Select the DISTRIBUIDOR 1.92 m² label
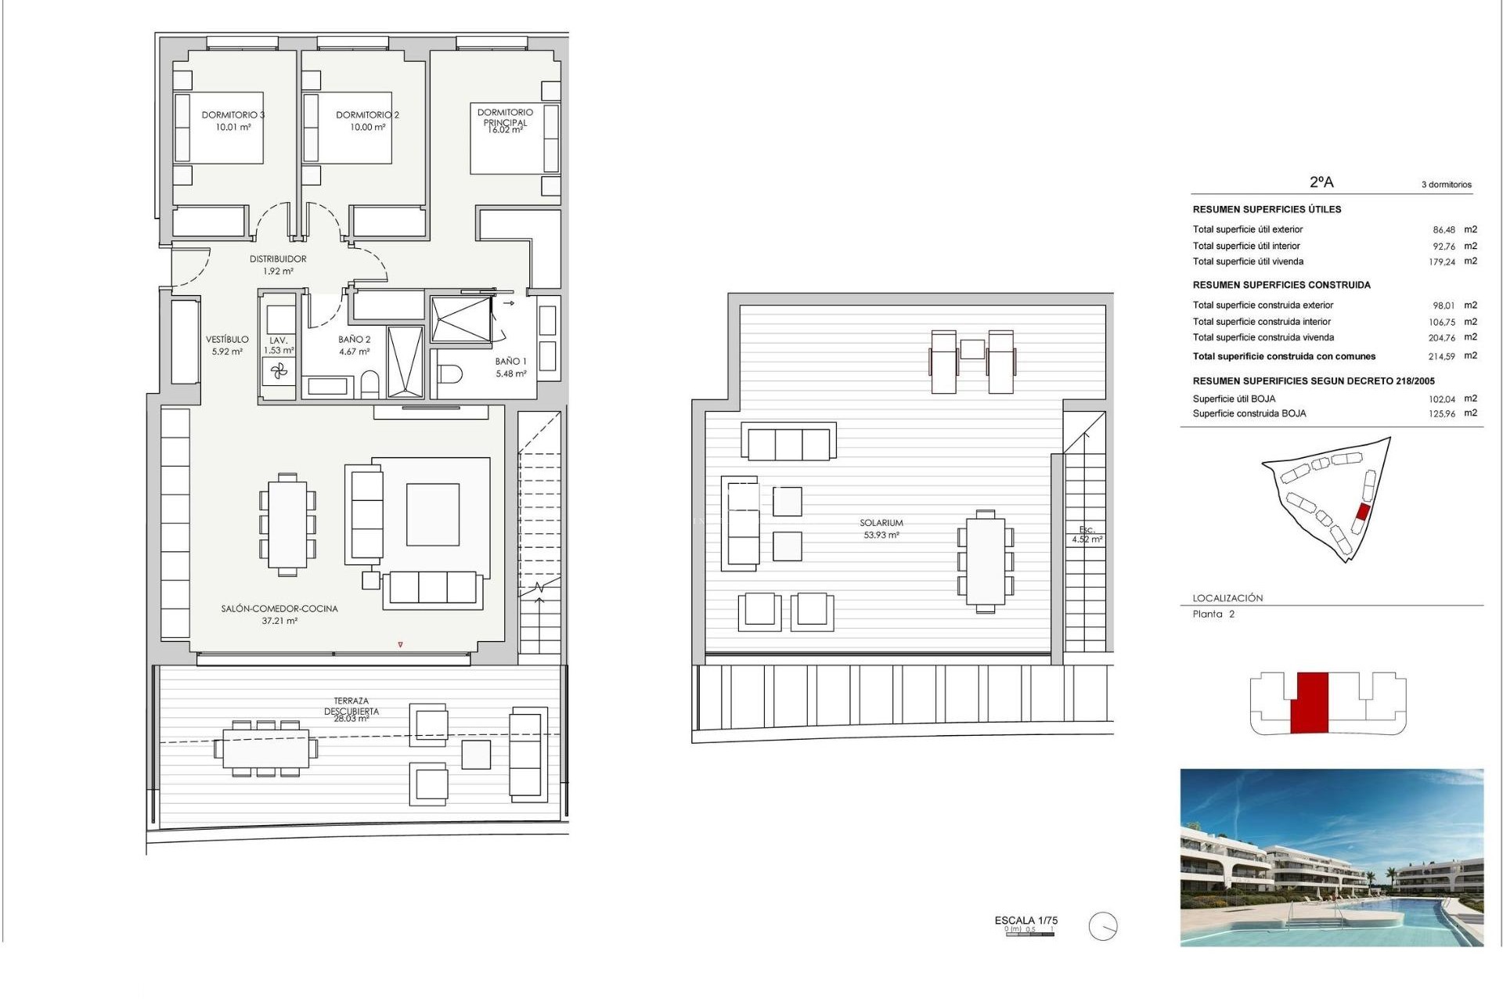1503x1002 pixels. (278, 265)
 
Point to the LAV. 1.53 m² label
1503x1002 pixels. (279, 345)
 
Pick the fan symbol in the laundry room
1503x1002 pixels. (279, 371)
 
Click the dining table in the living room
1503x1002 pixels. (287, 524)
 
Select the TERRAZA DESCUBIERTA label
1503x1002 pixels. (351, 707)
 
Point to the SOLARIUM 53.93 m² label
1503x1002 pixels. (881, 528)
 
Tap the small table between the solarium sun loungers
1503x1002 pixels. (972, 349)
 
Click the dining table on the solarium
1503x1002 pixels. (986, 560)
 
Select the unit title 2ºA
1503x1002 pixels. (1321, 182)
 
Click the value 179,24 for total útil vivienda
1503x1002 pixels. (1441, 262)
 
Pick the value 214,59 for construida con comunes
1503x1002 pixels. (1441, 356)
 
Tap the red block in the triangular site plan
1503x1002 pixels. (1362, 513)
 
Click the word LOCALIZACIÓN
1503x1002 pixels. (1227, 598)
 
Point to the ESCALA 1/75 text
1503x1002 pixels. (1025, 921)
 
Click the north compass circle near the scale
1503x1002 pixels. (1102, 927)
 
